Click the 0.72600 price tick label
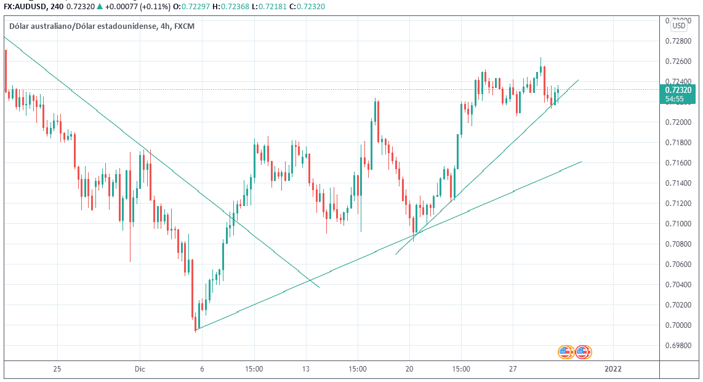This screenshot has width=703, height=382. point(678,62)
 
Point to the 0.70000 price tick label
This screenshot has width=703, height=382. point(678,325)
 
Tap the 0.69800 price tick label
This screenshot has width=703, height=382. point(678,345)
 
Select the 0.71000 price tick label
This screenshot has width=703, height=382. point(678,224)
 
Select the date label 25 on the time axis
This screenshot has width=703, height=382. point(57,369)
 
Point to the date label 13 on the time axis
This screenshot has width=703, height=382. point(306,369)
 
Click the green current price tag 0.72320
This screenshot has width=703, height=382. point(678,90)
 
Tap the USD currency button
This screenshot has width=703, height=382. point(679,26)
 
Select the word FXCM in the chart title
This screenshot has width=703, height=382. point(185,26)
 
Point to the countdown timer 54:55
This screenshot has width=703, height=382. point(675,98)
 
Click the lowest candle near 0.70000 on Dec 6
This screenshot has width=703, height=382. point(196,324)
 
